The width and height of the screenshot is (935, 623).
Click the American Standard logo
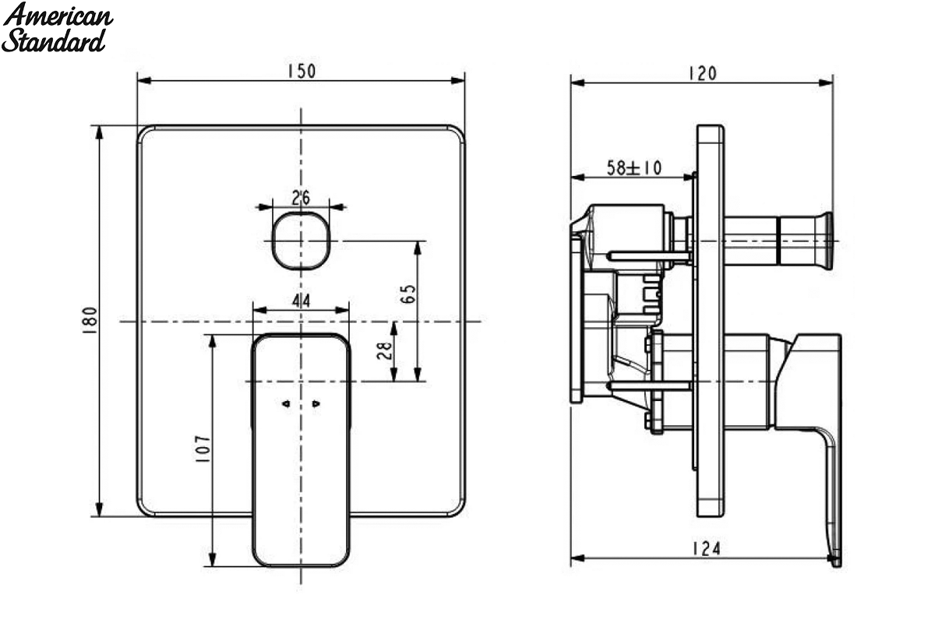[x=57, y=27]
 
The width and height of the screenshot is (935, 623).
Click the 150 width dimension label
[x=302, y=71]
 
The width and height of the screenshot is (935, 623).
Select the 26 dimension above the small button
[x=301, y=198]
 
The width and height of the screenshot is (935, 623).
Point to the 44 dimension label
[x=301, y=301]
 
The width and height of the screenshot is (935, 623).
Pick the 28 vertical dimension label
[x=385, y=350]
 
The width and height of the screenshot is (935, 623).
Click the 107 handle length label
[x=203, y=449]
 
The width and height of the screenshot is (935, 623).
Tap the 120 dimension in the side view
[x=703, y=74]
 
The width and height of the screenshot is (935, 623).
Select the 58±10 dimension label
[x=634, y=167]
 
